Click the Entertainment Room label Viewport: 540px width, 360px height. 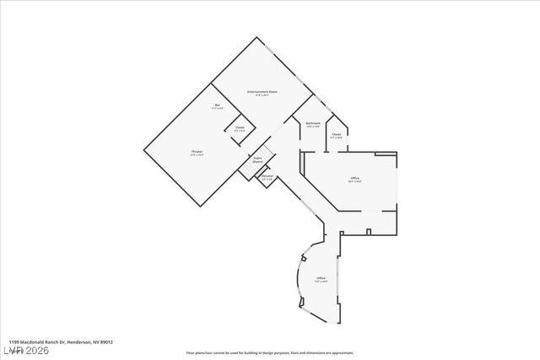tap(262, 91)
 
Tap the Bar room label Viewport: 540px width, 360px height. tap(217, 105)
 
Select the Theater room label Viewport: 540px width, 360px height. tap(197, 152)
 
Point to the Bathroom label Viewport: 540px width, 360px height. tap(312, 123)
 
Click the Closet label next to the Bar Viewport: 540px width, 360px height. tap(240, 127)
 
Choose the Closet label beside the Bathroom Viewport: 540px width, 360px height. tap(336, 134)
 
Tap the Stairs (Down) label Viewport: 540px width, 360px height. tap(257, 159)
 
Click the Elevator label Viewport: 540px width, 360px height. tap(267, 175)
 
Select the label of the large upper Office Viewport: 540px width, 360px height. tap(355, 178)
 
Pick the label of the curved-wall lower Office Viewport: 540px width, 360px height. tap(321, 278)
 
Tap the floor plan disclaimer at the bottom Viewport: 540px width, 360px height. tap(270, 352)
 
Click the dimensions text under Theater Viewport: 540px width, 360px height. tap(197, 155)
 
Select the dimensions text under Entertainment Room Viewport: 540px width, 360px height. tap(262, 94)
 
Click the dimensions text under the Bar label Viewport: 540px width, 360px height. tap(217, 108)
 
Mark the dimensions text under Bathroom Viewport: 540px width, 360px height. tap(312, 126)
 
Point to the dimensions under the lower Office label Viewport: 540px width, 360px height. tap(321, 282)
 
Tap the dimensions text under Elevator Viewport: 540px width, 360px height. tap(267, 179)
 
